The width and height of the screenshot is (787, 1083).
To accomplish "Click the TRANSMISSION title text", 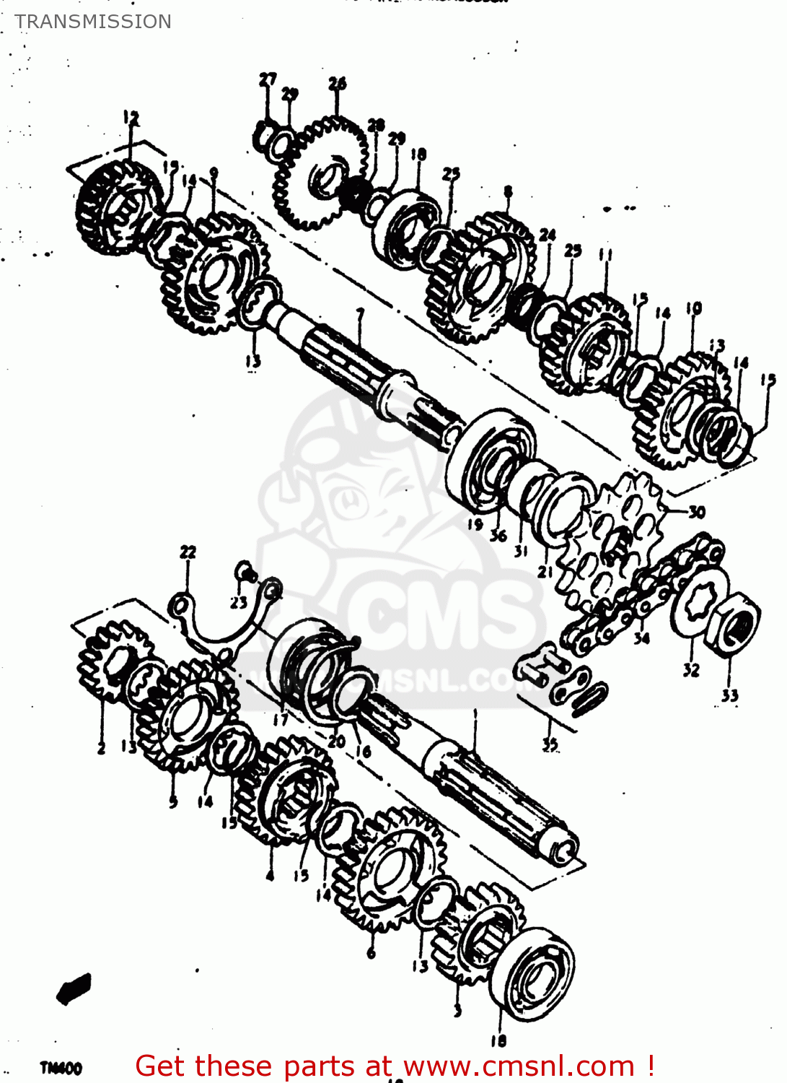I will tap(93, 22).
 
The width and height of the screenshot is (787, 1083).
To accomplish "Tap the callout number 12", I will tap(131, 117).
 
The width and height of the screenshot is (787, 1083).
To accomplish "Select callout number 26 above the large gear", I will tap(337, 84).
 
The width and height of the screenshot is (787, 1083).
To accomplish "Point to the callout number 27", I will tap(268, 79).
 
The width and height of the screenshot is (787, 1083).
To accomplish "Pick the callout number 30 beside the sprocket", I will tap(696, 512).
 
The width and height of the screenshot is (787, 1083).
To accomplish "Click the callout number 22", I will tap(188, 552).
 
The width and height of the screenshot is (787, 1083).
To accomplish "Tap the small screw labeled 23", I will tap(245, 573).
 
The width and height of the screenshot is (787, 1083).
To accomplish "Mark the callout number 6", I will tap(371, 953).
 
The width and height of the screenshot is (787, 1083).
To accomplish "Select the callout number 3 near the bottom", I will tap(457, 1009).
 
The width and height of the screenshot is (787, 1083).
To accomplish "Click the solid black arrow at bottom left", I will tap(74, 988).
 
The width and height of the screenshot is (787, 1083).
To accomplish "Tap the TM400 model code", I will tap(61, 1068).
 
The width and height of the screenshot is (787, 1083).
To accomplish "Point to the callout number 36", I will tap(498, 536).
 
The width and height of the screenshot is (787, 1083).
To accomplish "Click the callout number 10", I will tap(693, 309).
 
